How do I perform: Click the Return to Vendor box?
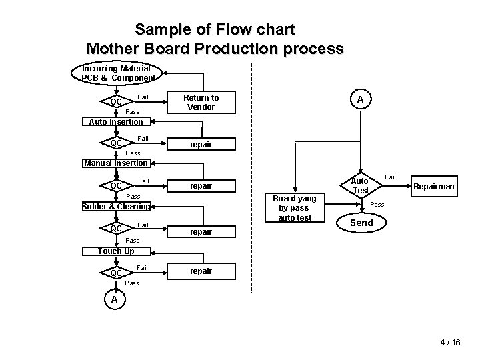coord(201,102)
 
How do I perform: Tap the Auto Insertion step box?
coord(116,121)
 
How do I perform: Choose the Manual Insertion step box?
coord(116,163)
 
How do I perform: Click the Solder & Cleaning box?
coord(116,207)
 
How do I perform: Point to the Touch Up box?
coord(116,251)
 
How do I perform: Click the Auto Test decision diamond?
coord(360,185)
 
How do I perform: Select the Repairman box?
coord(434,187)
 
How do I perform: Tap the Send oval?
coord(361,223)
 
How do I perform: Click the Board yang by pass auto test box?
coord(295,207)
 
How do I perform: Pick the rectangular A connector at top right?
coord(360,99)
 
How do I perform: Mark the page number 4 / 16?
coord(450,342)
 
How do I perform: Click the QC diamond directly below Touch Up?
coord(116,273)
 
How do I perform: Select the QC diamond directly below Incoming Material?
coord(116,102)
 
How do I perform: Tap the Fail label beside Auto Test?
coord(391,177)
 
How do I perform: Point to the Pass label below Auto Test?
coord(377,204)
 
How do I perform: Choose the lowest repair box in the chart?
coord(201,271)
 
